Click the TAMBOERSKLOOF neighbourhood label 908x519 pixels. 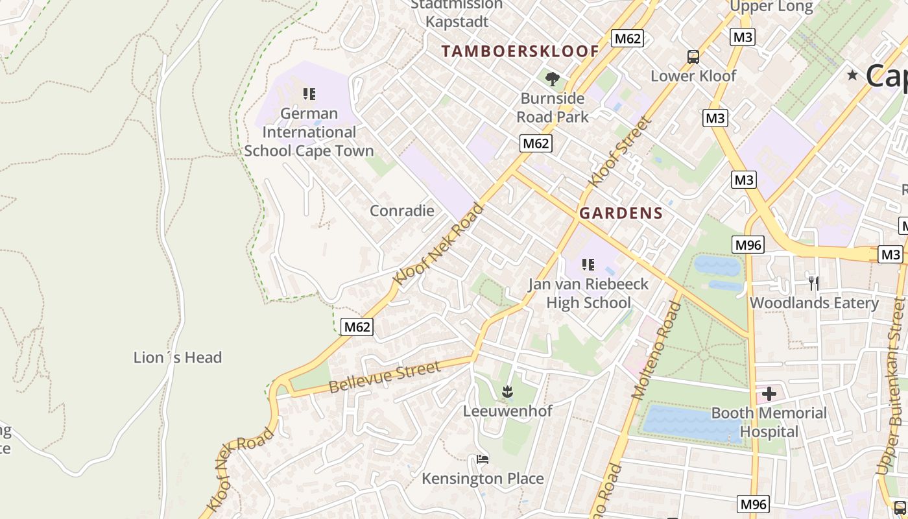tap(520, 51)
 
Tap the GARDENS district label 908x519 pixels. tap(621, 213)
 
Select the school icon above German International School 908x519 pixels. tap(309, 94)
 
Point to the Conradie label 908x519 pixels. tap(401, 210)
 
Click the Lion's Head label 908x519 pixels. tap(177, 357)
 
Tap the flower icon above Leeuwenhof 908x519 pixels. tap(507, 391)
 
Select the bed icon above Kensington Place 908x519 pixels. tap(483, 459)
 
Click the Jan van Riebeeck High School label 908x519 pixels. tap(588, 293)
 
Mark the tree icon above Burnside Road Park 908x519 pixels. tap(553, 79)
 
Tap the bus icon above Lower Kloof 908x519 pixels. tap(693, 57)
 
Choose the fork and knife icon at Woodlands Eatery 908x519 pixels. tap(813, 283)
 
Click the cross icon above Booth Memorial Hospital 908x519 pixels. tap(769, 394)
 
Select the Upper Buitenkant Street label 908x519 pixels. tap(890, 386)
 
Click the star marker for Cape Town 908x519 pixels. tap(852, 75)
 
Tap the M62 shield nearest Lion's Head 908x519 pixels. tap(357, 327)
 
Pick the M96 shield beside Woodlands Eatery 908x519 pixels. tap(748, 245)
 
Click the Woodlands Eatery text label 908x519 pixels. tap(814, 303)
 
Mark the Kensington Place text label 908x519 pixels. tap(483, 479)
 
